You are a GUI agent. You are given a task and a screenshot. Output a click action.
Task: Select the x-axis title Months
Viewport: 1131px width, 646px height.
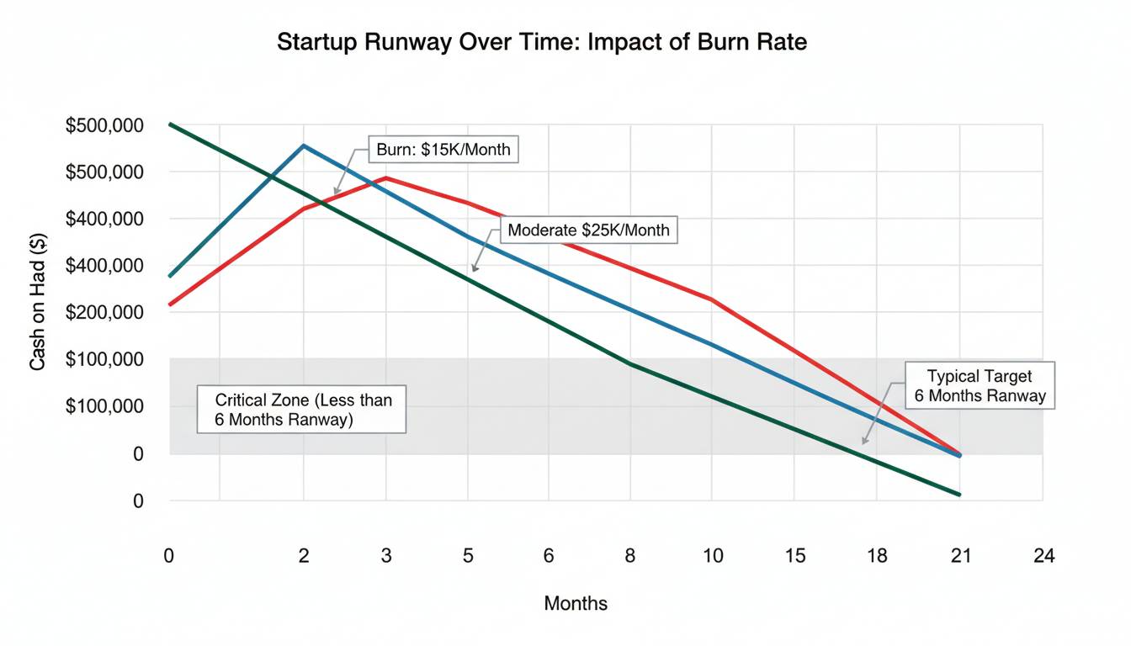[576, 603]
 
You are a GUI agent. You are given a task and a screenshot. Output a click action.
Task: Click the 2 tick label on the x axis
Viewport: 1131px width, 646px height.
[304, 555]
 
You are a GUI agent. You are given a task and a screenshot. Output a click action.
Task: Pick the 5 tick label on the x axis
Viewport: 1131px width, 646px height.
[468, 555]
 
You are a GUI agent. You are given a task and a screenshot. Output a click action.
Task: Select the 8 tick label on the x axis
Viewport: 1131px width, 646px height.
[629, 555]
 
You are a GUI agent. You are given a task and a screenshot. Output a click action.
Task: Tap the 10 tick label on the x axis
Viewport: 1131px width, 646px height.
[712, 555]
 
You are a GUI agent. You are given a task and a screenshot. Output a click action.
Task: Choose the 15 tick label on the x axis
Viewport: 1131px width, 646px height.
[794, 555]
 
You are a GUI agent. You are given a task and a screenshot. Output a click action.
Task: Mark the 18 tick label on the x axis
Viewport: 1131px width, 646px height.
[877, 555]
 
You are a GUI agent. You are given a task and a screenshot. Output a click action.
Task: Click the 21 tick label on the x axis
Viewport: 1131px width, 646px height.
[960, 555]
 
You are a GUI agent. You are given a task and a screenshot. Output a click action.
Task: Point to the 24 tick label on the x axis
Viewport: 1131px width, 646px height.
[1043, 555]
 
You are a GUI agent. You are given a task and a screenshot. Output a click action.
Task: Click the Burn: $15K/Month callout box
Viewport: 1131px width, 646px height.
[443, 151]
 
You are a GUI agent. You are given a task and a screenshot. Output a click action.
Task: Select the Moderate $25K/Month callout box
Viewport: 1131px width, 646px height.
[589, 230]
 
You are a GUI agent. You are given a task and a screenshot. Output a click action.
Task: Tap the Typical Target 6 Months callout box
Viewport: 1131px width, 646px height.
[980, 386]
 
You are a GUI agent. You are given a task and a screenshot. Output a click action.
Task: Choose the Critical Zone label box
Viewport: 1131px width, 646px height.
[301, 410]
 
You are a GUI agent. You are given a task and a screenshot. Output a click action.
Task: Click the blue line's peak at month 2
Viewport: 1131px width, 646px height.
[304, 146]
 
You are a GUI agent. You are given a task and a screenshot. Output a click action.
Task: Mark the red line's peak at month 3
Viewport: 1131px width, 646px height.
[386, 177]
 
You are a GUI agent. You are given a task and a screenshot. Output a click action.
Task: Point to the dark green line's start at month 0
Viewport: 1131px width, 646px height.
[170, 124]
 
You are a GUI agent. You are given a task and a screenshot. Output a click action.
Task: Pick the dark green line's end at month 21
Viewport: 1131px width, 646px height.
[959, 495]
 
